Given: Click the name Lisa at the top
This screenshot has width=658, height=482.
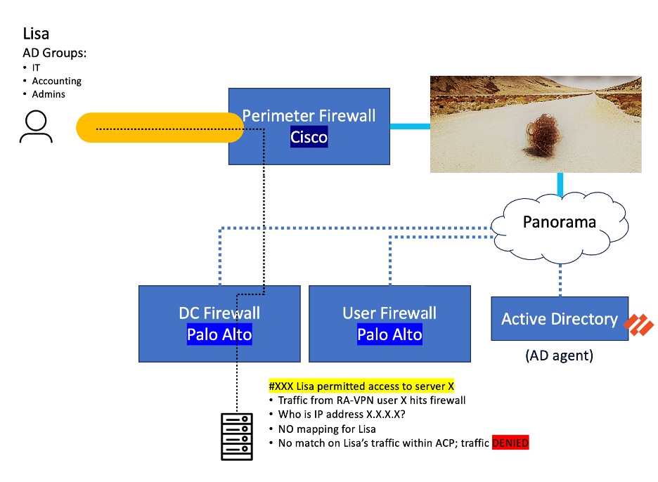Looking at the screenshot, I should pos(36,34).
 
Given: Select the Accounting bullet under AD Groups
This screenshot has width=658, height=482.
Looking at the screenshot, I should pos(56,81).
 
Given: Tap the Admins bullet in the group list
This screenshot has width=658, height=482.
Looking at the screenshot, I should pos(49,94).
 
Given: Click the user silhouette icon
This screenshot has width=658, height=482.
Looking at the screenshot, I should pos(36,126).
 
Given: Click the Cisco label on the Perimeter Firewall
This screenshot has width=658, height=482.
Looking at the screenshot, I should pos(309,136).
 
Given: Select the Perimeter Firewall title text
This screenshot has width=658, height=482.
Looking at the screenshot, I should pos(309,116).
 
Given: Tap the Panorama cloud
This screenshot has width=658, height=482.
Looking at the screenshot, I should pos(559,222).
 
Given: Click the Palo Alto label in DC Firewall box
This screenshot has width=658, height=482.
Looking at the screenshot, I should pos(219,334).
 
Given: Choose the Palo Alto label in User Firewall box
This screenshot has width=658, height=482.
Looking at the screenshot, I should pos(389,334).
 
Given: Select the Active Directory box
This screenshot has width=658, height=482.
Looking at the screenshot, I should pos(559,319).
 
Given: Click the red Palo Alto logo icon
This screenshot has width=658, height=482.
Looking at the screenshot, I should pos(640,325).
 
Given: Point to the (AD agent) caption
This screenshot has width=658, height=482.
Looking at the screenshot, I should pos(559,356).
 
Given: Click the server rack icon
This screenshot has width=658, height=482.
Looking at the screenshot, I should pos(237,436).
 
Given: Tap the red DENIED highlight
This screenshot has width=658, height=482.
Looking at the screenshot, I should pos(510,443).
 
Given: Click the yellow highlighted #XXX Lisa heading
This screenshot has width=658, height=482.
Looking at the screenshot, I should pos(361,386).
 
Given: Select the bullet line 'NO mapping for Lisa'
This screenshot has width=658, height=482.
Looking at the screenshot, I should pos(328,429).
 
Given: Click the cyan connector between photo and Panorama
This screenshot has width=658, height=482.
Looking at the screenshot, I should pos(561,184).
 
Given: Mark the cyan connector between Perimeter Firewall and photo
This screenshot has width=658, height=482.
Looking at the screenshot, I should pos(410,126).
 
